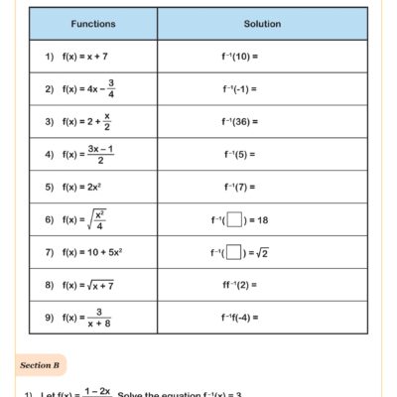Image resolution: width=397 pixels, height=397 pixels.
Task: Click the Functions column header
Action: [92, 23]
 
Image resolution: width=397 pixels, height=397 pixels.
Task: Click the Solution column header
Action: [262, 23]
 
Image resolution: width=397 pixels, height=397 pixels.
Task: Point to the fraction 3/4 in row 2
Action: [110, 88]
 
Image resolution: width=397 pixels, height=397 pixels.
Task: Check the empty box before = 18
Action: [235, 219]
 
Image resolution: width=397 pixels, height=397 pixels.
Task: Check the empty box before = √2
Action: [235, 252]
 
